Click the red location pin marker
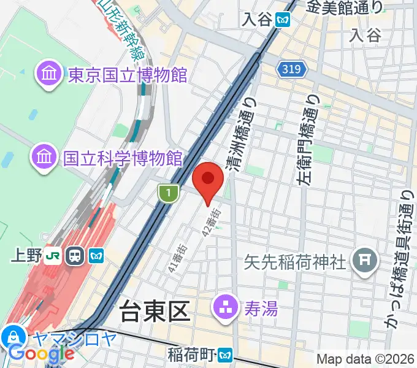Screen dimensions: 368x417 207,180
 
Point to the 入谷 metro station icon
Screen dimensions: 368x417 283,19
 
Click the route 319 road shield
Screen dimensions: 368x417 292,70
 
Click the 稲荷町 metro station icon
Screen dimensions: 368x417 227,355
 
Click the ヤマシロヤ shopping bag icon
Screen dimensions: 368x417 13,336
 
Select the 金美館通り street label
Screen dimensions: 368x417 345,7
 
